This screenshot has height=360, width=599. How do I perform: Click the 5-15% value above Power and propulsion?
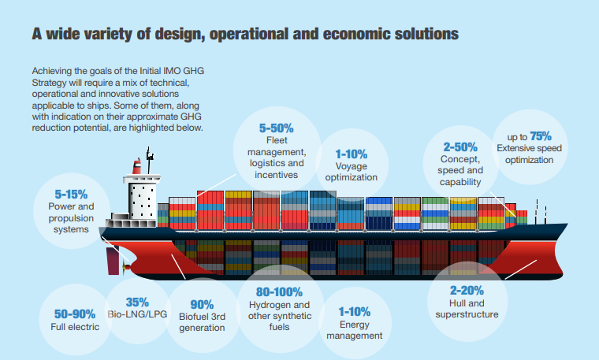(71, 193)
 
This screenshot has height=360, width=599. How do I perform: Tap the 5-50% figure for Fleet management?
(276, 127)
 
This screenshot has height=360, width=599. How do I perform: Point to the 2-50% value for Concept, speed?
(460, 147)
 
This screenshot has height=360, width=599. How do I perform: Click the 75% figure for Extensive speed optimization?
(541, 135)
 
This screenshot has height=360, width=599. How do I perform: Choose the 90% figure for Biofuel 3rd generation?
(202, 305)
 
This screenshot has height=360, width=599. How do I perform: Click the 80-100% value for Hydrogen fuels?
(279, 291)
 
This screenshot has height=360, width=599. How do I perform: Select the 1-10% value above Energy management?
(354, 311)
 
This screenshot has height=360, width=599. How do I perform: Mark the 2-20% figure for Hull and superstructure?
(467, 289)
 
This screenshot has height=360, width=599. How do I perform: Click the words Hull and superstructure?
(467, 308)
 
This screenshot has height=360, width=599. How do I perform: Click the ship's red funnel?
(137, 166)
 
